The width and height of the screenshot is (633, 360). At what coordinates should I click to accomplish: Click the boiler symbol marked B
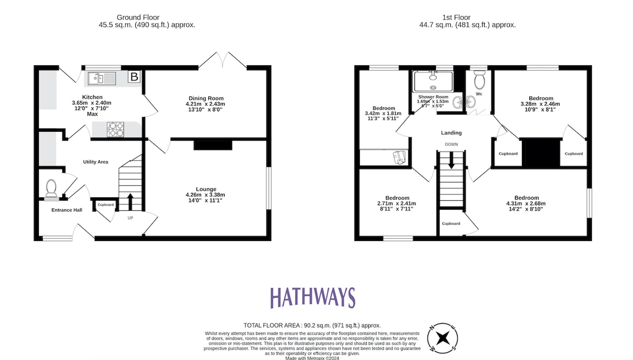coord(134,77)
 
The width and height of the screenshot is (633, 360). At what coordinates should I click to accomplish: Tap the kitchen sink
coord(102,78)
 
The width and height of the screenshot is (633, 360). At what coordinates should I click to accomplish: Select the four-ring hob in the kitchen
coord(116,129)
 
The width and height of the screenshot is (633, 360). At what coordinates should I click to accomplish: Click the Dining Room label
coord(206,98)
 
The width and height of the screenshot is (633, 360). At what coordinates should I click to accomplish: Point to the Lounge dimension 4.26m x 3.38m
coord(205,195)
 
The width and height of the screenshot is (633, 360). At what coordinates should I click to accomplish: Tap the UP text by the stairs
coord(130,218)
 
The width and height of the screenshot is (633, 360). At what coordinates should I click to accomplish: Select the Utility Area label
coord(96,162)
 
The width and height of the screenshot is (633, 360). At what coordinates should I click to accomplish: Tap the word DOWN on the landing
coord(451,144)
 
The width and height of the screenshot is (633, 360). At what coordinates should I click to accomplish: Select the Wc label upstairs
coord(479,94)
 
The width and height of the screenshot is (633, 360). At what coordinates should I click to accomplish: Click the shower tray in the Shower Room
coord(433,82)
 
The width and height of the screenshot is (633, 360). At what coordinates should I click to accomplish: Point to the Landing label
coord(451,133)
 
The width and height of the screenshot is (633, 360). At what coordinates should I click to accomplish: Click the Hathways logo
coord(313,298)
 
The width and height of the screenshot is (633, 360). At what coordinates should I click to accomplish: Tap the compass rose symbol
coord(442,338)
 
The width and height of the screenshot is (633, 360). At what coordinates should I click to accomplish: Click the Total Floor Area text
coord(312,325)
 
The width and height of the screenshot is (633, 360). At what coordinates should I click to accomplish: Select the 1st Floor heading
coord(456,17)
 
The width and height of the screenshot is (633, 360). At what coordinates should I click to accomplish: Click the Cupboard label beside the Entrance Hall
coord(105,205)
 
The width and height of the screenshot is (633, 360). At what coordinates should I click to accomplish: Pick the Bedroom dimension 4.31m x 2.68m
coord(526,203)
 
